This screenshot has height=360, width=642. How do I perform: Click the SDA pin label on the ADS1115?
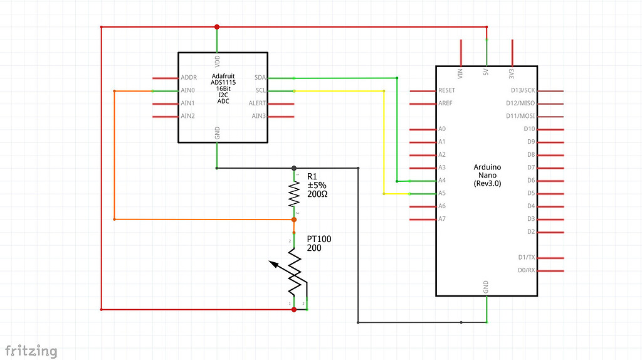point(260,78)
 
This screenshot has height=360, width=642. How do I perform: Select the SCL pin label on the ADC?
point(261,90)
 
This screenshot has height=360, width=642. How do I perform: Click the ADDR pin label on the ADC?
point(189,78)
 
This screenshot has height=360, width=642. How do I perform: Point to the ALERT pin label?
point(258,103)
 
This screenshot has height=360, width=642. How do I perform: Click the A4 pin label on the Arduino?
point(442,181)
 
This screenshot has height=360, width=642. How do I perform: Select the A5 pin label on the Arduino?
point(442,193)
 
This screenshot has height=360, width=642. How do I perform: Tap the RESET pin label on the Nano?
point(447,90)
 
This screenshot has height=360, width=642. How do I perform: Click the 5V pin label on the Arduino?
point(486,73)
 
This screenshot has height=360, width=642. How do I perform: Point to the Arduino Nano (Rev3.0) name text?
point(487,175)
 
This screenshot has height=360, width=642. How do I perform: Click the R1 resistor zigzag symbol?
point(294,195)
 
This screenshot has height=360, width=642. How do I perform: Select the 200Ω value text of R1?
point(317,194)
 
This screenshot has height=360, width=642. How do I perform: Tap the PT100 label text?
point(319,239)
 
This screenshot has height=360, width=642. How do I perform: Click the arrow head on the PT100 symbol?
point(274,263)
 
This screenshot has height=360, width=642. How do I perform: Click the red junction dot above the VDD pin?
point(217,27)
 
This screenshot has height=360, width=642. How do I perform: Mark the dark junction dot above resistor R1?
point(294,168)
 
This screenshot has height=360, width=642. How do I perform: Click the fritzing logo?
point(31,351)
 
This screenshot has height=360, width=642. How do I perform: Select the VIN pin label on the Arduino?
point(461,73)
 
